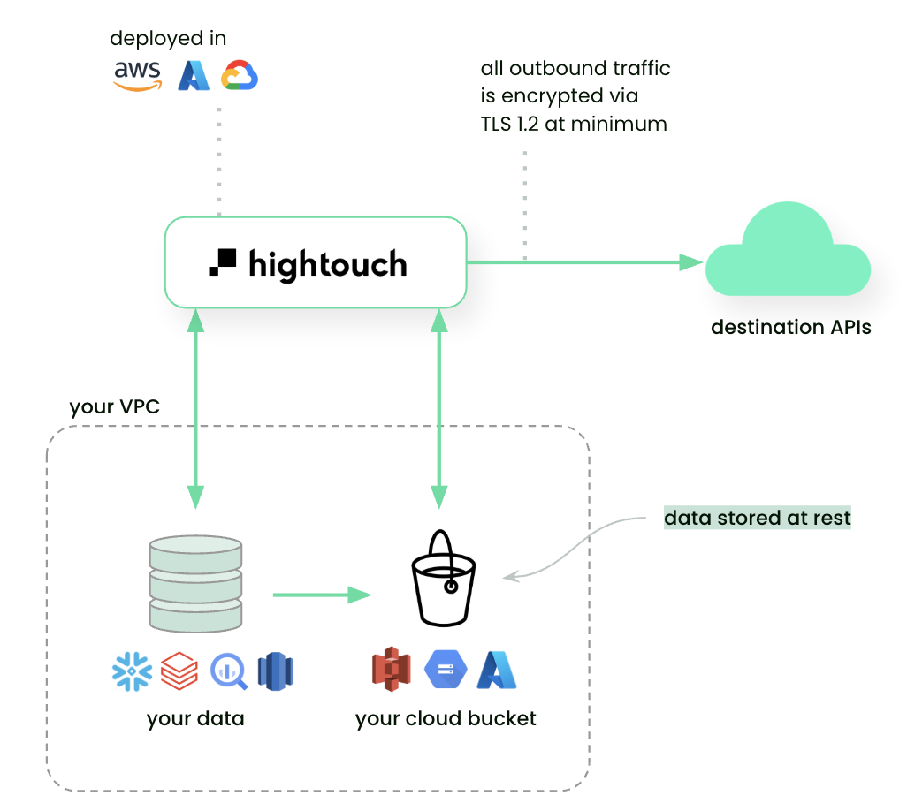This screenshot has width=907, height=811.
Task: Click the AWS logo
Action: pos(138,76)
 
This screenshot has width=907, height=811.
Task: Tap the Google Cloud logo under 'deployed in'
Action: pos(239,76)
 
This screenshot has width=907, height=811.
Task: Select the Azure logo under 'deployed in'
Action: pos(194,76)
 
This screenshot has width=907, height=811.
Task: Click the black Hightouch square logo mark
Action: pos(223,262)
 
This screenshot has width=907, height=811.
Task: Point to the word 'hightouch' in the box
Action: pos(328,263)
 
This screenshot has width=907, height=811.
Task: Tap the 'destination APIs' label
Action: pos(791,328)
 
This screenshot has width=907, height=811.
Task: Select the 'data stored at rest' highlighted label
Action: pos(758,518)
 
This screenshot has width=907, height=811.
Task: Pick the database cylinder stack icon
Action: pos(195,584)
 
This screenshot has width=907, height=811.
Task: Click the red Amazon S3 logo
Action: pos(392,670)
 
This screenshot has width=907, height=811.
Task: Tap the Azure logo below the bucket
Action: pos(496,670)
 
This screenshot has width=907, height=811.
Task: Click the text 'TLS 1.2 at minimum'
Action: pos(574,123)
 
